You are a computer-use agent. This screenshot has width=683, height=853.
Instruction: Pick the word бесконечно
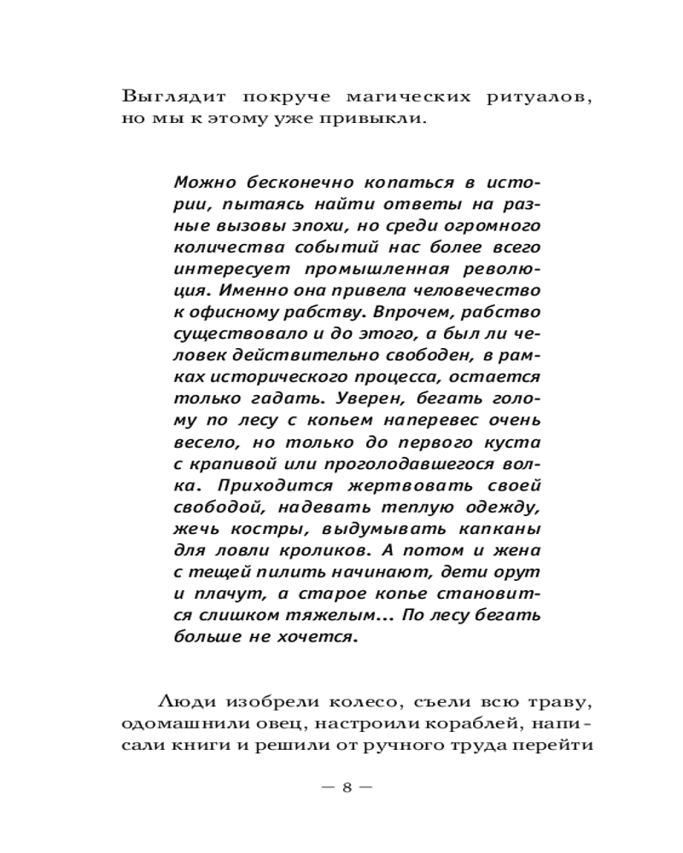[x=289, y=183]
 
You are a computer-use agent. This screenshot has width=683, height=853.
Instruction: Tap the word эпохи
[x=317, y=227]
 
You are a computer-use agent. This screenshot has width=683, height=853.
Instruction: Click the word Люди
[x=183, y=703]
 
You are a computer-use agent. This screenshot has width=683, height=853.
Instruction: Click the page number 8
[x=347, y=787]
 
